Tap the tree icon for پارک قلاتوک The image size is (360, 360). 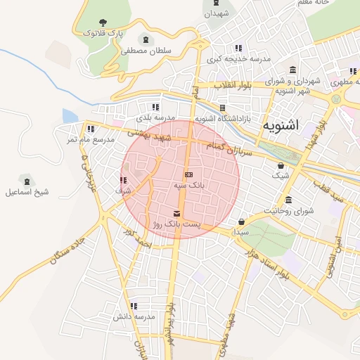(x=103, y=23)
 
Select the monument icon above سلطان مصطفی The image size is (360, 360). (x=146, y=40)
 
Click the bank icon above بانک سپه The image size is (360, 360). (x=188, y=174)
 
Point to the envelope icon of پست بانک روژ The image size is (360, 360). (x=176, y=213)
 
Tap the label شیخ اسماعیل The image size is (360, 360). (x=27, y=192)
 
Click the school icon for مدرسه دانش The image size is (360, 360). (x=134, y=306)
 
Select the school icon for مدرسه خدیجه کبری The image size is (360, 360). (x=238, y=49)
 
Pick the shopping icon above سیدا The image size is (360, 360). (x=242, y=221)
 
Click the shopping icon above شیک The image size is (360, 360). (x=281, y=165)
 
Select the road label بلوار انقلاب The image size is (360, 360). (x=232, y=86)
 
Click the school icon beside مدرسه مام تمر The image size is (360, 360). (x=91, y=129)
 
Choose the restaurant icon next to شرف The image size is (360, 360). (x=124, y=181)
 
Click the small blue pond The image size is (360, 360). (x=70, y=116)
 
